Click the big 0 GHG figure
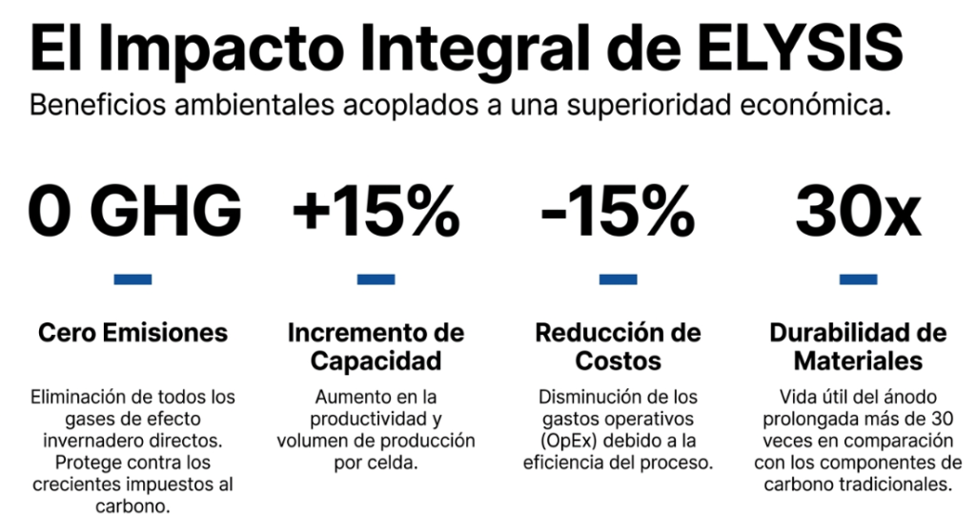(x=134, y=211)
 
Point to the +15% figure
(x=376, y=211)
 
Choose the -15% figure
(x=618, y=211)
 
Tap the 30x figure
(x=858, y=211)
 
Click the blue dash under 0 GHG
(x=132, y=279)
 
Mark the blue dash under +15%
(x=376, y=279)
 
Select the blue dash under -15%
(x=618, y=279)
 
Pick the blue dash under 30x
(x=859, y=279)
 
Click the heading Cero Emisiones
(x=132, y=333)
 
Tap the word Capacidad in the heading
(x=376, y=362)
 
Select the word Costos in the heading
(x=618, y=362)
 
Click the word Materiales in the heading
(x=859, y=362)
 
